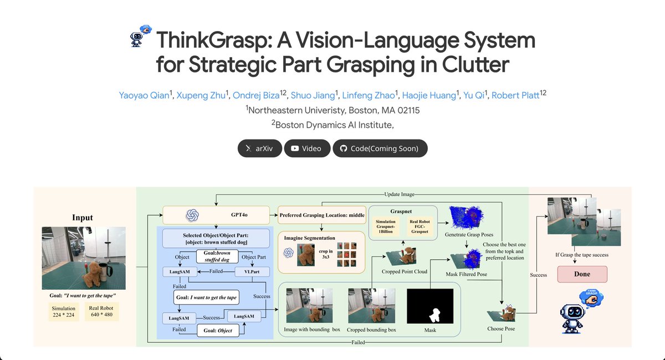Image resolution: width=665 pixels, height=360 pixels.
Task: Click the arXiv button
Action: pyautogui.click(x=260, y=148)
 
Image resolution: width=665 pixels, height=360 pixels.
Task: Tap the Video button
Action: pyautogui.click(x=307, y=148)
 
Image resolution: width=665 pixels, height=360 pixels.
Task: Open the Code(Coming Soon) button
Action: pyautogui.click(x=380, y=148)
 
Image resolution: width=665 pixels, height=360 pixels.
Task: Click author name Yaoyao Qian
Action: pyautogui.click(x=144, y=95)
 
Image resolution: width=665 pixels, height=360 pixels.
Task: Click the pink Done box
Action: pyautogui.click(x=582, y=274)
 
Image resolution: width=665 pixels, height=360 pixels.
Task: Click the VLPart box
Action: pyautogui.click(x=252, y=271)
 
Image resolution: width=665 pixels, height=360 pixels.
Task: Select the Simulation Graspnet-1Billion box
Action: pyautogui.click(x=386, y=226)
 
